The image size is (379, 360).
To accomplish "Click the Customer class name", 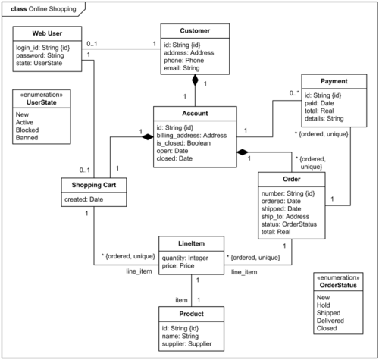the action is click(x=195, y=31).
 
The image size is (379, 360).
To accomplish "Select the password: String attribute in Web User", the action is click(x=40, y=55).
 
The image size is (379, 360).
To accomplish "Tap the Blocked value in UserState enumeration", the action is click(x=27, y=130).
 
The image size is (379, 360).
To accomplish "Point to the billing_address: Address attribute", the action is click(x=192, y=136).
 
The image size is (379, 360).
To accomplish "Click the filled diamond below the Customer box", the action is click(x=195, y=80).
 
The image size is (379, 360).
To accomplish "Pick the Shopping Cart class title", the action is click(x=94, y=185).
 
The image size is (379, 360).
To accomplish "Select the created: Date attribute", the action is click(x=83, y=199).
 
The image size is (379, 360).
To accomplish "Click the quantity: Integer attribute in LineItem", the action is click(x=185, y=258).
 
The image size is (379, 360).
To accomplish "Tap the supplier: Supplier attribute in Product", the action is click(x=186, y=344).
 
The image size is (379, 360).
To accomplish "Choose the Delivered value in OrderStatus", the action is click(x=330, y=321).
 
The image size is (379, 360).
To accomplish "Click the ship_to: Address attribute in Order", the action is click(x=285, y=217).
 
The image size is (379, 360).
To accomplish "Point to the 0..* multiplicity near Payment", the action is click(x=294, y=93).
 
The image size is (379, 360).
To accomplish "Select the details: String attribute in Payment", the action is click(x=324, y=118).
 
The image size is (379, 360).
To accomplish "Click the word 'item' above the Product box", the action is click(x=181, y=300).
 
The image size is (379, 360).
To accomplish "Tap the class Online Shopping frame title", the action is click(x=43, y=9).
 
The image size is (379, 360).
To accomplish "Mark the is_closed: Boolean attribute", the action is click(x=183, y=143).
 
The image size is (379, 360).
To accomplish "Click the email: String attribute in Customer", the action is click(x=181, y=68).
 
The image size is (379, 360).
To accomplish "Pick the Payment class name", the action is click(x=334, y=81).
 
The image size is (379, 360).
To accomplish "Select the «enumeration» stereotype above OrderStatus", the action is click(x=338, y=277).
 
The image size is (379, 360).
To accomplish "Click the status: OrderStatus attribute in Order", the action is click(x=289, y=224).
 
